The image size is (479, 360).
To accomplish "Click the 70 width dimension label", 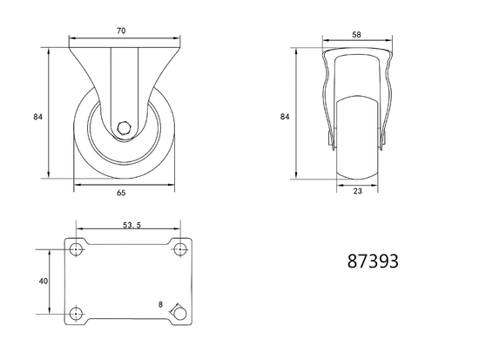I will point(121,31).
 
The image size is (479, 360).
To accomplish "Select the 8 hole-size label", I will point(160,304).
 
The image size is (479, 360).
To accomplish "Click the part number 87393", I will point(373,261).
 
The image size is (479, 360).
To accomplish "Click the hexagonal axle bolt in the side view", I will point(125,128).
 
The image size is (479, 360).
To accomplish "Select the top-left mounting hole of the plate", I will point(76,249).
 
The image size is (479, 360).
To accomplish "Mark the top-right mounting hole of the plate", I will point(180,249).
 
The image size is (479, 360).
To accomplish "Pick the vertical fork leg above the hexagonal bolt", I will point(125,83).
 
